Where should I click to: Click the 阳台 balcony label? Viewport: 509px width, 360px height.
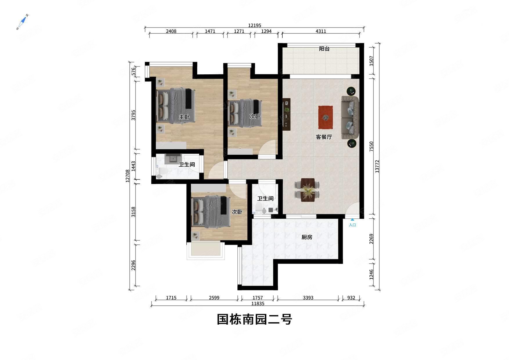pyautogui.click(x=324, y=49)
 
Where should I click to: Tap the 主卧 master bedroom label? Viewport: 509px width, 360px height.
pyautogui.click(x=184, y=117)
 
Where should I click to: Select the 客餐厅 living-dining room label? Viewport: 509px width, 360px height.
pyautogui.click(x=324, y=137)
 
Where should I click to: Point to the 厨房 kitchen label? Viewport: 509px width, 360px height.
pyautogui.click(x=307, y=237)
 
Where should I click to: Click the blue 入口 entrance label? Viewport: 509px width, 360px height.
pyautogui.click(x=352, y=225)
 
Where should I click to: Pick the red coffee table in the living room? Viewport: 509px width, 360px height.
pyautogui.click(x=325, y=117)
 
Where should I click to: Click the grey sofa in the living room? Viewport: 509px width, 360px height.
pyautogui.click(x=350, y=117)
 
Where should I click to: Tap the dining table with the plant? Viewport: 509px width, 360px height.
pyautogui.click(x=308, y=190)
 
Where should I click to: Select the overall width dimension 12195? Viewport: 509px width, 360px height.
pyautogui.click(x=255, y=26)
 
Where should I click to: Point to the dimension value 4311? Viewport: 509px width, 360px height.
pyautogui.click(x=321, y=31)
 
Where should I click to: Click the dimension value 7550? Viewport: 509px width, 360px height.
pyautogui.click(x=371, y=147)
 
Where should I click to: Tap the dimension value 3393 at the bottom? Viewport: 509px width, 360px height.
pyautogui.click(x=308, y=298)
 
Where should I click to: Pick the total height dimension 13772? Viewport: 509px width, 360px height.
pyautogui.click(x=377, y=166)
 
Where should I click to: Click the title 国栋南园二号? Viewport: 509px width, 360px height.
pyautogui.click(x=255, y=319)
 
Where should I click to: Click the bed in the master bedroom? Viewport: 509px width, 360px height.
pyautogui.click(x=176, y=106)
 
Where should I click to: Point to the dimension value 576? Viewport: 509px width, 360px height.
pyautogui.click(x=133, y=71)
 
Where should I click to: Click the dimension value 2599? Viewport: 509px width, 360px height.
pyautogui.click(x=214, y=298)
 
